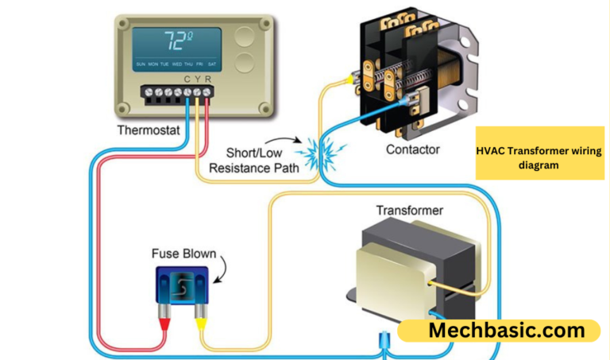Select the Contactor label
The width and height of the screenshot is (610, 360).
click(x=414, y=149)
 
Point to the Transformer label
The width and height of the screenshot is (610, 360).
click(x=410, y=211)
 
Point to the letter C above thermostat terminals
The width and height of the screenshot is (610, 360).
click(x=187, y=79)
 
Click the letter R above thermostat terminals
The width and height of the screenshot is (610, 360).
click(x=208, y=79)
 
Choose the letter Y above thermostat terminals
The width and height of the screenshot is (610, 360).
click(x=198, y=79)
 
